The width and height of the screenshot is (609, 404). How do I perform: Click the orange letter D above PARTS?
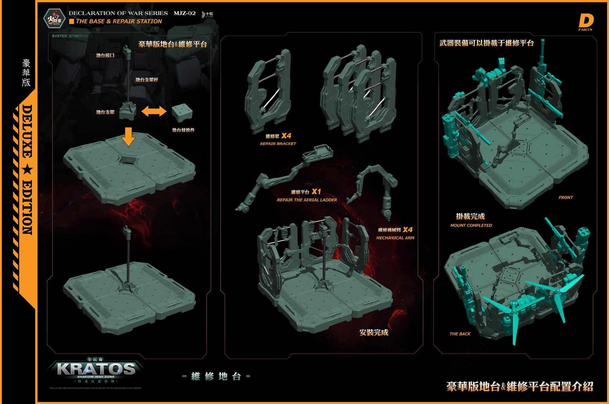point(586,20)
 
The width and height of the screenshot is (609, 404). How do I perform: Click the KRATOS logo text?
point(96,369)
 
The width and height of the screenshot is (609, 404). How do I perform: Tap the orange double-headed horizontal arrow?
point(154,111)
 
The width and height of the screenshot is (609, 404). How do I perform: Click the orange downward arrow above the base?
point(128,136)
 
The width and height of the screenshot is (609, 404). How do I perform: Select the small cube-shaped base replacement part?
point(182,112)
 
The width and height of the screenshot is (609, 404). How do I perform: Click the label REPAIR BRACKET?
point(278,144)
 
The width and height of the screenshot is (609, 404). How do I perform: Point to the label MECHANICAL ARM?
point(395,238)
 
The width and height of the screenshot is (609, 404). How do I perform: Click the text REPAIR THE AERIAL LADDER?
point(307,200)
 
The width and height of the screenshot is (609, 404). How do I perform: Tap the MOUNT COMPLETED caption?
point(471,225)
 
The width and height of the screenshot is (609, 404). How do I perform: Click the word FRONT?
point(565,198)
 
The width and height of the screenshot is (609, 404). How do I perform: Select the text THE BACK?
point(460,334)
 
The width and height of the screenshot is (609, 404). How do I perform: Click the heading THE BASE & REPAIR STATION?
point(119,21)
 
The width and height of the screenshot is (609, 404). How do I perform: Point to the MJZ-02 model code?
point(185,13)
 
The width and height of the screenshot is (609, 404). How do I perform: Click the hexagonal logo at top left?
point(54,19)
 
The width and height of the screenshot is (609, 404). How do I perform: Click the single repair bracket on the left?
point(268,91)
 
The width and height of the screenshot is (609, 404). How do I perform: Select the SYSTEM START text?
point(70,36)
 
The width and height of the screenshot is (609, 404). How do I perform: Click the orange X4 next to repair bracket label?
point(286,136)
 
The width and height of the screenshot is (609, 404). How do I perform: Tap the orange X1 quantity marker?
point(316,191)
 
